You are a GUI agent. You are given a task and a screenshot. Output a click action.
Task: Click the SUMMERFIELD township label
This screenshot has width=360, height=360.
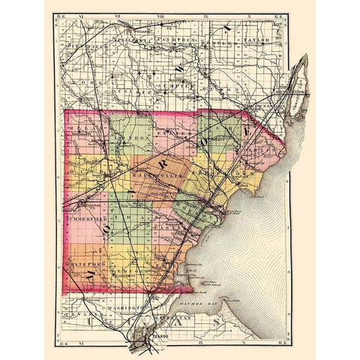coord(88,218)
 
